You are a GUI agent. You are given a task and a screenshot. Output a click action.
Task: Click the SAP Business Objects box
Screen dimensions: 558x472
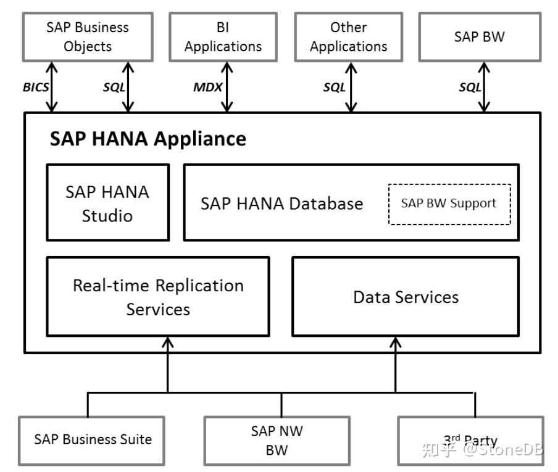(x=88, y=37)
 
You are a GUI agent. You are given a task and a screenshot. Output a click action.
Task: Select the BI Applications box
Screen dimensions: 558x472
(x=223, y=37)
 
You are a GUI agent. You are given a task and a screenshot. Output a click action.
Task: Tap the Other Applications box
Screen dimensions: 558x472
(x=349, y=37)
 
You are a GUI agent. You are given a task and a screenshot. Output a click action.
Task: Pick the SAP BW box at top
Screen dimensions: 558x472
(x=480, y=37)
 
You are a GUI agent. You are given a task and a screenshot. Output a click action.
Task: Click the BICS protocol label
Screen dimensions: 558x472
(x=36, y=87)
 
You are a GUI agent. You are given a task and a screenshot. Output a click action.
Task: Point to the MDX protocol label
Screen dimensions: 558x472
(x=208, y=87)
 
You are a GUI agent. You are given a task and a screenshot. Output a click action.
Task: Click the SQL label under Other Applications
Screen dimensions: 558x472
(x=334, y=87)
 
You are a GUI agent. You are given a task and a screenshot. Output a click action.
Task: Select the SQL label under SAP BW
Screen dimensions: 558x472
(x=470, y=87)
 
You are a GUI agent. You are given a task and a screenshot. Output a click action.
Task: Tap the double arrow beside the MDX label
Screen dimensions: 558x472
(x=227, y=87)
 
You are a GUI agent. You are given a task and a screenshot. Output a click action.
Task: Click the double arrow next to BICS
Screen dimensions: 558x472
(x=52, y=87)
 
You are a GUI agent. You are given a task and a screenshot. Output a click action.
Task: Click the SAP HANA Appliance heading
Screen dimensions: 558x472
(x=148, y=139)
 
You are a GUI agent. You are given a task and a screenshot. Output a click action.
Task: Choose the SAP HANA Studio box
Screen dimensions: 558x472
(x=108, y=203)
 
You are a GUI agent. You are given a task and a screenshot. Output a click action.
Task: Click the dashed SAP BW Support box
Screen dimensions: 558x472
(x=449, y=204)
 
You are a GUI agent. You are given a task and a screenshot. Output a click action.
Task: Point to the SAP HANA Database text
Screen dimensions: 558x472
(x=282, y=204)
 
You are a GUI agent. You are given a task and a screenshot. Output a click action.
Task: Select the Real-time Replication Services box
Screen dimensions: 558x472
(x=158, y=297)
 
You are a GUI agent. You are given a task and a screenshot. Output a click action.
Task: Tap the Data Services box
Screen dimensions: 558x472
(x=406, y=297)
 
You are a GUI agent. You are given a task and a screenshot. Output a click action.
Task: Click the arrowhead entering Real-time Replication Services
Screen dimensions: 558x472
(x=168, y=342)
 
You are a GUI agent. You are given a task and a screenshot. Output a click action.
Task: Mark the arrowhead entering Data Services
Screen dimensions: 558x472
(x=396, y=342)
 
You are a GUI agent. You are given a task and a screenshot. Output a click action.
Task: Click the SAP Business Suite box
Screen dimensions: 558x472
(x=91, y=441)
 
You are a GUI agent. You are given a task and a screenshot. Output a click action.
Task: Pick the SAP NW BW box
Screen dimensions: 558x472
(x=277, y=441)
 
